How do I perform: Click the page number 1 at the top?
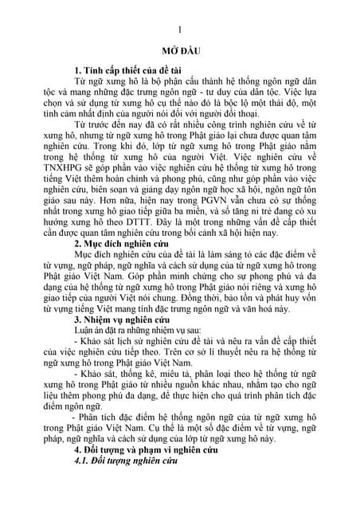pos(180,28)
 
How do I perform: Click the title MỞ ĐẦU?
pos(180,49)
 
